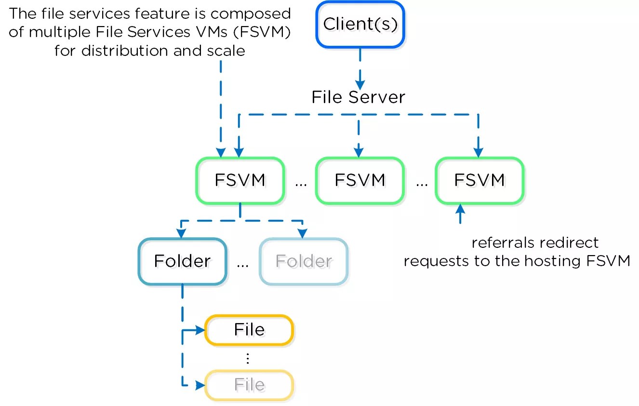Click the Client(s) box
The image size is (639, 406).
(360, 25)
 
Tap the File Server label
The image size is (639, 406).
(358, 97)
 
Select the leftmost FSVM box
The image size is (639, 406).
(240, 180)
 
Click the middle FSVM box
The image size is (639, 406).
(359, 180)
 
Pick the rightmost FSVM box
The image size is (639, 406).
(479, 180)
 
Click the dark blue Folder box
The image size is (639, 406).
(182, 261)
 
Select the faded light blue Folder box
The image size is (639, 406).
(304, 261)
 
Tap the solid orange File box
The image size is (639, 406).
(249, 330)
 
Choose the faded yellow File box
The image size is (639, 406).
(249, 385)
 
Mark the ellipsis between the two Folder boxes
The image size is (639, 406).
(243, 264)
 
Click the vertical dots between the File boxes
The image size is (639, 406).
(248, 358)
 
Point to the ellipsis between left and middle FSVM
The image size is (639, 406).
(300, 184)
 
